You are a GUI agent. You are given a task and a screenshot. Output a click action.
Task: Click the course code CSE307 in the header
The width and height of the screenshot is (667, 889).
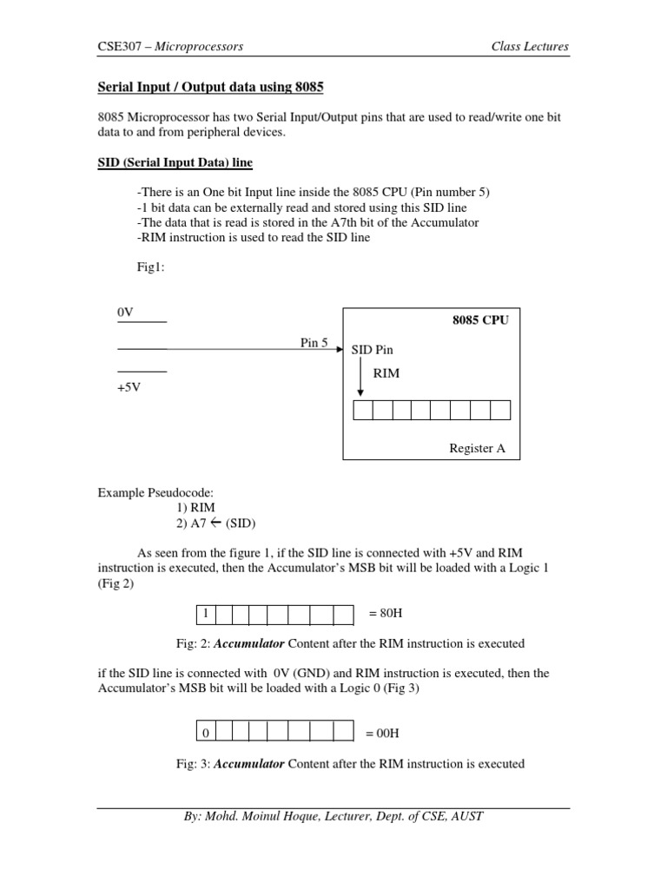tap(118, 46)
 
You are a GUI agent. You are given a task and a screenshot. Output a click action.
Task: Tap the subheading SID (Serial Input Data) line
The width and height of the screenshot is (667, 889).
tap(174, 163)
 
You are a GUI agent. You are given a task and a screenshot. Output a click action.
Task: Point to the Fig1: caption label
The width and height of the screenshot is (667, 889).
tap(150, 267)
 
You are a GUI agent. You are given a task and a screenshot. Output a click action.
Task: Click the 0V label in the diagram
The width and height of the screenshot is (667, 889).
tap(126, 312)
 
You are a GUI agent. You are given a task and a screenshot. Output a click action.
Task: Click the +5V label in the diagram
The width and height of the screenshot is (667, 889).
tap(129, 387)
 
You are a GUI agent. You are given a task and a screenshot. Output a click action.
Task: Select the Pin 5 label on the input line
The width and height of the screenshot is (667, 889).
tap(314, 343)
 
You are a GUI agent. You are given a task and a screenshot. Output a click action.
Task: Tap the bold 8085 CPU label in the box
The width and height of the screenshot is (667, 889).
tap(480, 319)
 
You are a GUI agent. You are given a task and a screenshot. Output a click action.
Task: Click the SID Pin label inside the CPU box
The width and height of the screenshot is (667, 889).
tap(373, 349)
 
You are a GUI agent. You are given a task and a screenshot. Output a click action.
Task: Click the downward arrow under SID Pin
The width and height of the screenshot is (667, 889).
tap(360, 379)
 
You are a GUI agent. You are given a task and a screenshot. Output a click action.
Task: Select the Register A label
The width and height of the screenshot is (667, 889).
tap(477, 449)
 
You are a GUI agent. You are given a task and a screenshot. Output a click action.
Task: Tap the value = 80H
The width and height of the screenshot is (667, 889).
tap(384, 615)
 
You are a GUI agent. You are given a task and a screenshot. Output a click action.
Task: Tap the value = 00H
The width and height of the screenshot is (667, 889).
tap(384, 734)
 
